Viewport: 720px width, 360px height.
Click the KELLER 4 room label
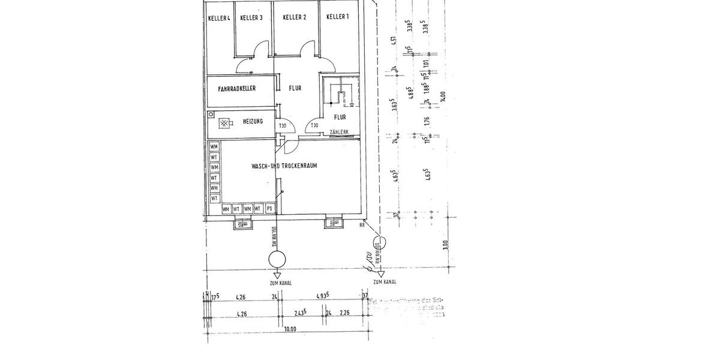219,19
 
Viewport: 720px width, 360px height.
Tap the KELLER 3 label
251,18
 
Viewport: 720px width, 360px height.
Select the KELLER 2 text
295,17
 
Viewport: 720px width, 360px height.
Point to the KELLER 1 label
338,17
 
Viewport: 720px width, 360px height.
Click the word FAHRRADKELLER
237,89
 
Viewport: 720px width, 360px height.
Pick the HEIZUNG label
253,122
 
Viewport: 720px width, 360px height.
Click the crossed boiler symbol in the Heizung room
225,123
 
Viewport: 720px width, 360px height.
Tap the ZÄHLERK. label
340,132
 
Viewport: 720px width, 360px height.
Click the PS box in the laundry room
269,209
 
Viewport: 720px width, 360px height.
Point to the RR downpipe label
362,226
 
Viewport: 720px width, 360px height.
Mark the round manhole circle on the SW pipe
277,259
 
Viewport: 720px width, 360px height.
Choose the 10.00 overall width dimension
290,328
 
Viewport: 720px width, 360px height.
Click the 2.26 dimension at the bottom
344,313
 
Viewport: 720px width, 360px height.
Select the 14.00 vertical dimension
443,97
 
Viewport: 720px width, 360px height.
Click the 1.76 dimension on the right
427,121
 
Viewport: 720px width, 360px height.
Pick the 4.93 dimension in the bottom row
325,296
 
